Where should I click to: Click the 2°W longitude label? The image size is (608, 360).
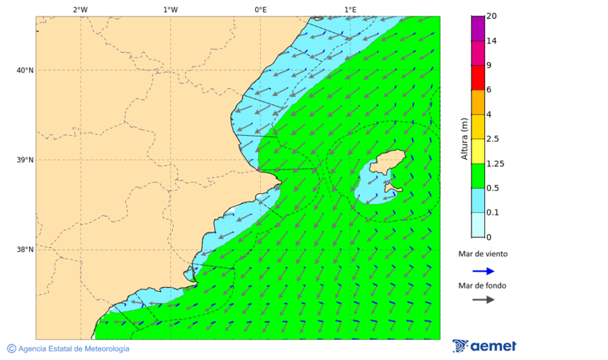pos(80,9)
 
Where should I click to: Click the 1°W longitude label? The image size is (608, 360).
pos(170,9)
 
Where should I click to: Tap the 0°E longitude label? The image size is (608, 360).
pos(260,9)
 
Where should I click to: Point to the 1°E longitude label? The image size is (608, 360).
pos(351,9)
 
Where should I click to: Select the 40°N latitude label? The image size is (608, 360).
pos(25,70)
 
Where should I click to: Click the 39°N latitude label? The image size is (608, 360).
pos(25,160)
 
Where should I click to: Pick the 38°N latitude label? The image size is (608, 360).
pos(25,250)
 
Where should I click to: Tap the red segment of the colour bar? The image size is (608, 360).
pos(478,77)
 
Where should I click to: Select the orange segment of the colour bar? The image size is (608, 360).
pos(478,102)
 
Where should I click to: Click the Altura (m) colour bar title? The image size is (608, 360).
pos(464,138)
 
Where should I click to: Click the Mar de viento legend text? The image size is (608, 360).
pos(482,255)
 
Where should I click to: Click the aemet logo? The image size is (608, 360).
pos(484,346)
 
